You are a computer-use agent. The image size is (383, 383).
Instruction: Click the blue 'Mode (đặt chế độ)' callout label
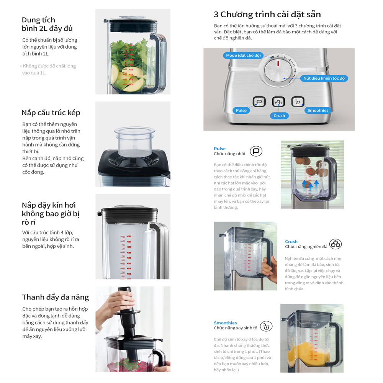tap(243, 56)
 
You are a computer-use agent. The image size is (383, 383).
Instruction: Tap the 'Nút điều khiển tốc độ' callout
tap(324, 78)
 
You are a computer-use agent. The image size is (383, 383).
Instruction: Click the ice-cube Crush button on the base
tap(278, 102)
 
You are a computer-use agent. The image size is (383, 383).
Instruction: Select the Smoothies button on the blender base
tap(298, 101)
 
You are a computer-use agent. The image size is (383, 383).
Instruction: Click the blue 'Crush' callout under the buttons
tap(279, 116)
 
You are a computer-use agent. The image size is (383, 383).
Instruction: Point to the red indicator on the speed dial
tap(278, 64)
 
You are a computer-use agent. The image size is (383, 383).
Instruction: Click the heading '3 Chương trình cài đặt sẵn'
tap(267, 15)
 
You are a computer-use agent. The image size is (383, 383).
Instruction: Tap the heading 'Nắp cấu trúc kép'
tap(51, 113)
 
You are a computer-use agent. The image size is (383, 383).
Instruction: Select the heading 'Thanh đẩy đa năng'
tap(56, 297)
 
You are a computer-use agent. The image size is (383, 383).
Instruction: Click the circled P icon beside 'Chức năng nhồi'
tap(256, 151)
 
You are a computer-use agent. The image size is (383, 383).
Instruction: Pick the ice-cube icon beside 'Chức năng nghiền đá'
tap(336, 244)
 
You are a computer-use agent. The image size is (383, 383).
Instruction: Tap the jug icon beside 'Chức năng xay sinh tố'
tap(266, 326)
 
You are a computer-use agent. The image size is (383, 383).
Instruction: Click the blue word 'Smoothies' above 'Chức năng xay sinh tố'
tap(225, 323)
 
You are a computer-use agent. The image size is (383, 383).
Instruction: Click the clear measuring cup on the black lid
tap(134, 141)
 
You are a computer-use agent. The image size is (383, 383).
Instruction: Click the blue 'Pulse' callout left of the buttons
tap(241, 110)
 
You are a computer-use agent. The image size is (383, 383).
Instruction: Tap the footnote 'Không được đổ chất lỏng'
tap(49, 66)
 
